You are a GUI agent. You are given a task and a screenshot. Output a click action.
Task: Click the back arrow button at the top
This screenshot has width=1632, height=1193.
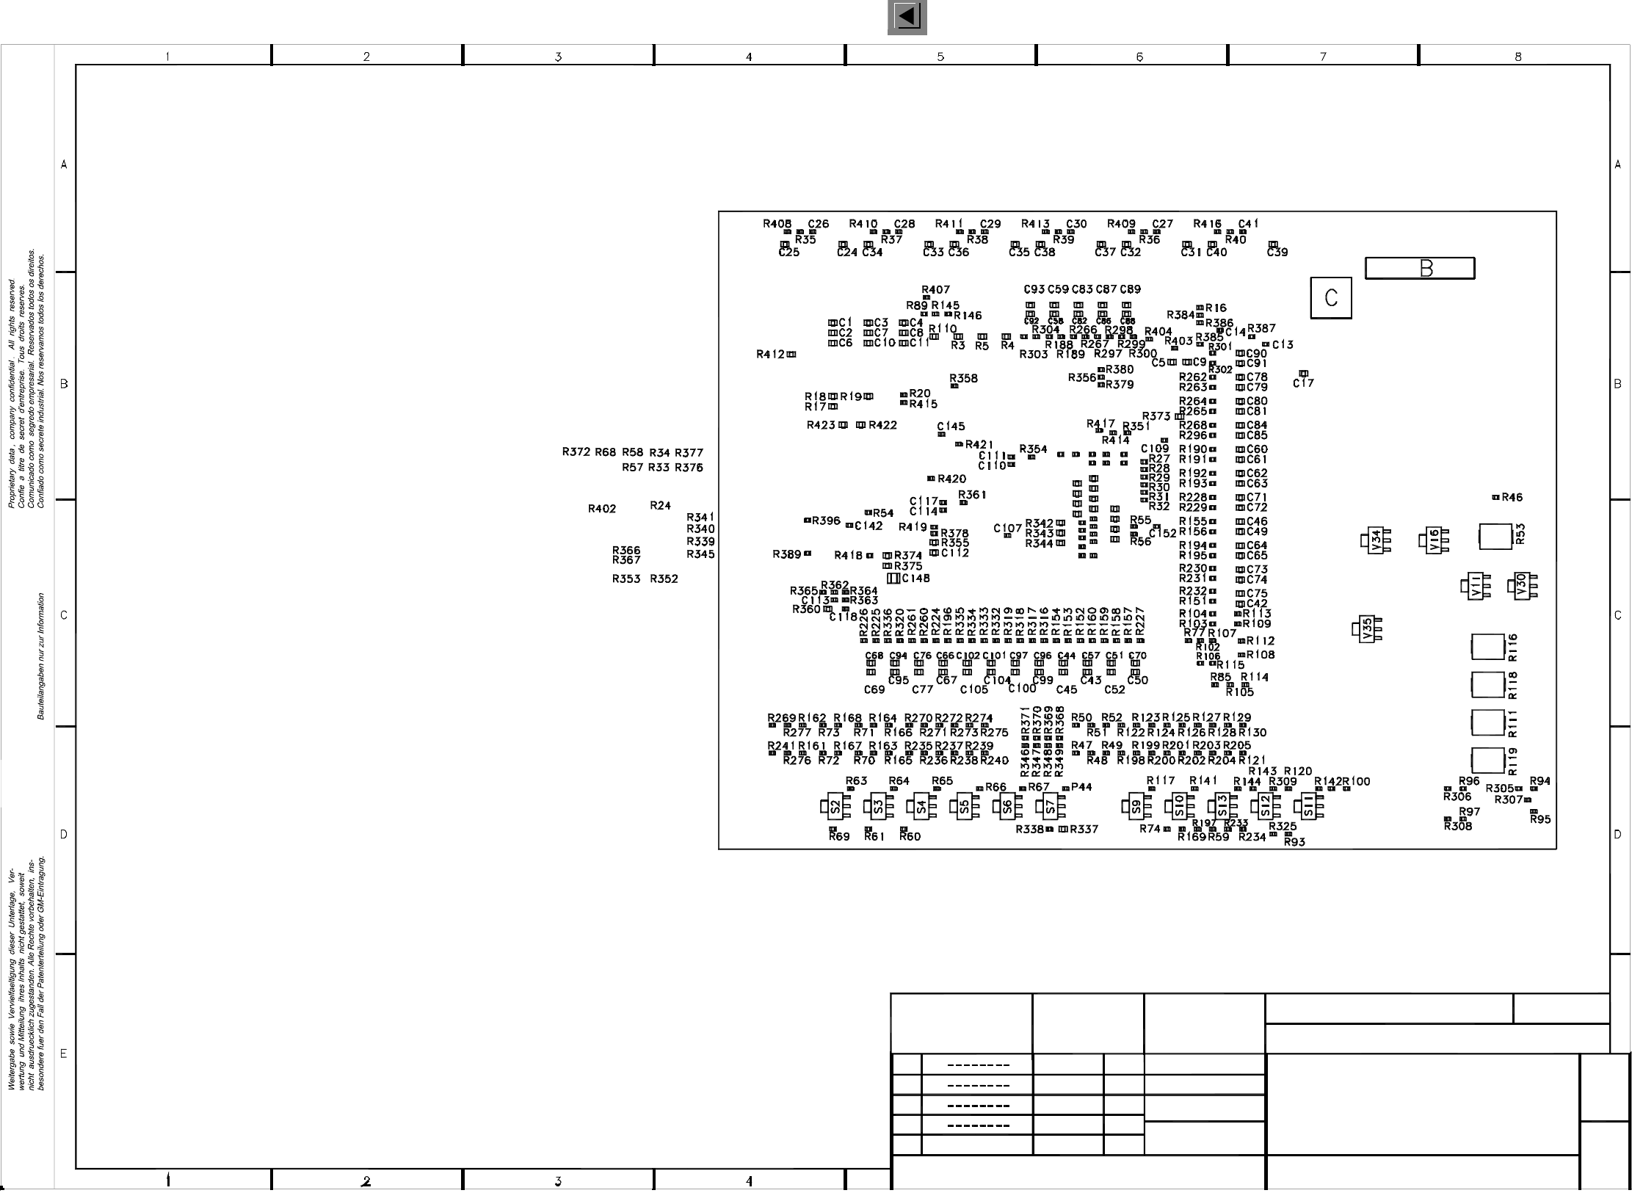point(907,17)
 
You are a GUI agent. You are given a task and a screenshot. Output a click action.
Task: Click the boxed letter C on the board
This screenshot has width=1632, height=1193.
point(1330,297)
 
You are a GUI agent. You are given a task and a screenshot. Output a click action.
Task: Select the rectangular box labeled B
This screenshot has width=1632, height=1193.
point(1419,269)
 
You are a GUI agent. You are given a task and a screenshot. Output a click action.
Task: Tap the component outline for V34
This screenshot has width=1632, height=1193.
point(1375,541)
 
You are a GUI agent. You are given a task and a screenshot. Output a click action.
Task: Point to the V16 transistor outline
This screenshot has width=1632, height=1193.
point(1434,541)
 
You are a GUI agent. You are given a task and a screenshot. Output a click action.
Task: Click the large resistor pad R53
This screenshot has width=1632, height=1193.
point(1495,536)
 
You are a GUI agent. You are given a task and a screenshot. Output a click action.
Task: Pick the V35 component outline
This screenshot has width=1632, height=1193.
point(1366,629)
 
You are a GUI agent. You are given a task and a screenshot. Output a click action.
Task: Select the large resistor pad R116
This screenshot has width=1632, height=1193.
point(1488,647)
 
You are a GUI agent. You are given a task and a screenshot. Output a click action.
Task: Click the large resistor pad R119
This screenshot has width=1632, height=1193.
point(1488,761)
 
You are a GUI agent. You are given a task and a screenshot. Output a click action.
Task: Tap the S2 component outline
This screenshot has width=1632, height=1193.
point(835,807)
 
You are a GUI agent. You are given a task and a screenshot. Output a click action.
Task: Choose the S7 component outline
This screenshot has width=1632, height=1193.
point(1050,807)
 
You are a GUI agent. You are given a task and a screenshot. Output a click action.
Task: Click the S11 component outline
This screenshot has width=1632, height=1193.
point(1308,807)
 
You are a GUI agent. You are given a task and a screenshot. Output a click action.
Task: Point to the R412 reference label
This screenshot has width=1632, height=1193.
point(770,355)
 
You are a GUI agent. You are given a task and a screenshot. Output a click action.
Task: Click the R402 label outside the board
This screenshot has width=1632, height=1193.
point(602,509)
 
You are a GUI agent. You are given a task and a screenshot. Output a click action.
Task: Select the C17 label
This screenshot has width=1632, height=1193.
point(1303,383)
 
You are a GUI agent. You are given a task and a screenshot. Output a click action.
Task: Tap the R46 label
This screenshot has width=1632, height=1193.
point(1512,497)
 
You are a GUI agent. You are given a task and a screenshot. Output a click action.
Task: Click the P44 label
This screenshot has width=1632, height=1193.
point(1081,787)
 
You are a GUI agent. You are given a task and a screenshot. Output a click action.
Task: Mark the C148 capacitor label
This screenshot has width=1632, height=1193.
point(915,579)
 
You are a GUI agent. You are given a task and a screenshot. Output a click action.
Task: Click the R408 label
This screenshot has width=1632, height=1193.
point(777,224)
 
